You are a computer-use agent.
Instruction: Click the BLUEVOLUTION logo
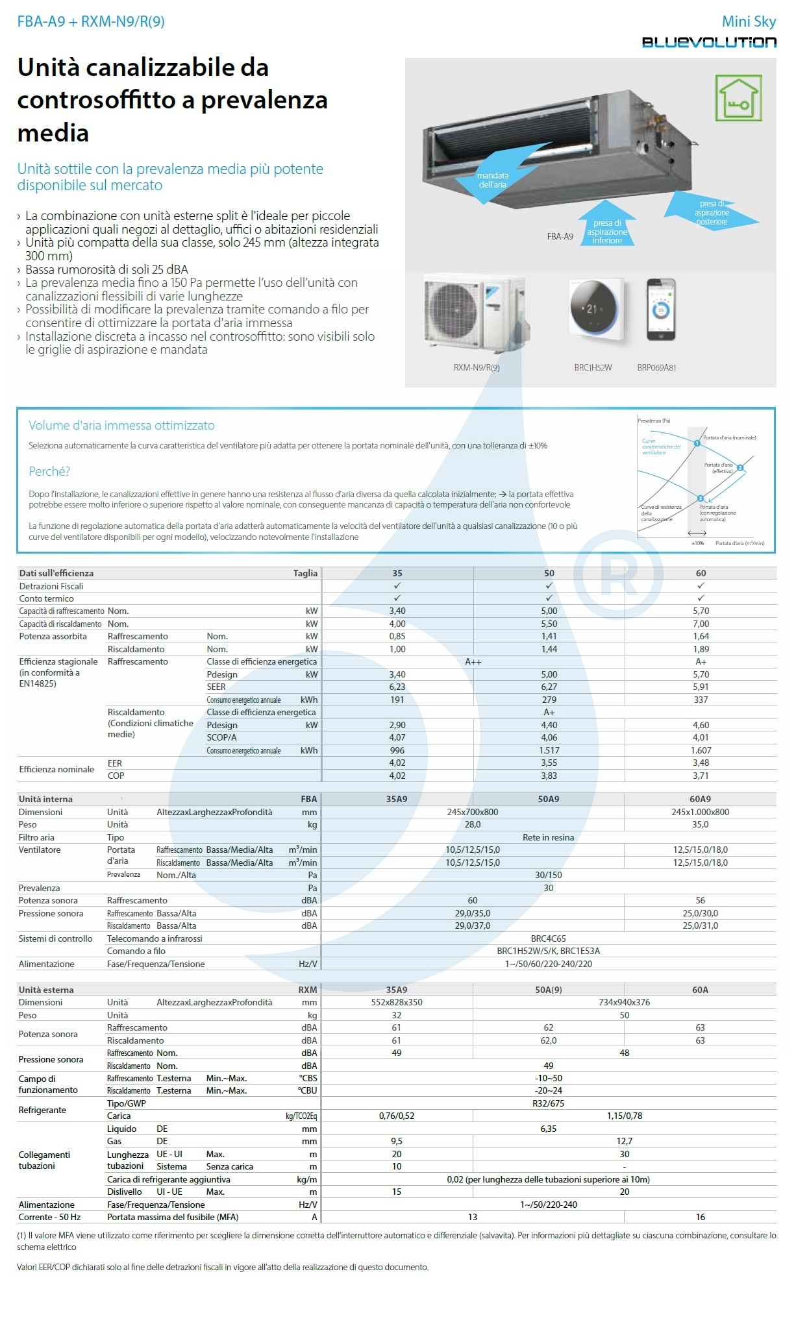coord(709,42)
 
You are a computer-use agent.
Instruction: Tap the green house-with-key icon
coord(738,97)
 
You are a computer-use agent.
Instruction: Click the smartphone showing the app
coord(661,310)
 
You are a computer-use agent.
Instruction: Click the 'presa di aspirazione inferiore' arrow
coord(607,228)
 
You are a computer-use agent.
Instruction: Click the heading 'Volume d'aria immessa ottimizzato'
coord(121,426)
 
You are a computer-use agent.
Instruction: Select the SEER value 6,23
coord(397,687)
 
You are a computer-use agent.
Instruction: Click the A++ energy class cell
coord(473,661)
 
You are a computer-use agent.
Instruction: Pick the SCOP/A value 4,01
coord(701,737)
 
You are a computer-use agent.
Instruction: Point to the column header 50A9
coord(549,799)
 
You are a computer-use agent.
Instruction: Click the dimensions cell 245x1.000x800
coord(701,812)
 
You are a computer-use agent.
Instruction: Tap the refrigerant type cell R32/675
coord(549,1103)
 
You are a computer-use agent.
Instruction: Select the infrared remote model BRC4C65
coord(549,938)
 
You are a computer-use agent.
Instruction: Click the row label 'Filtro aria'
coord(36,837)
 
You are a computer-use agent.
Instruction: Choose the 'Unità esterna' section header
coord(46,990)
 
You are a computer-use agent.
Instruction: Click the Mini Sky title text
coord(749,21)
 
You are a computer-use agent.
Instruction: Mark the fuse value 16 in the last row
coord(700,1217)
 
